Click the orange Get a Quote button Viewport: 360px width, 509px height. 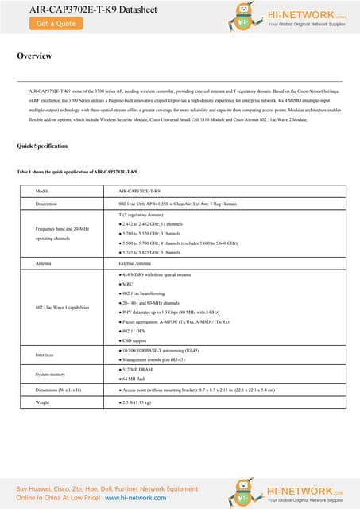(56, 24)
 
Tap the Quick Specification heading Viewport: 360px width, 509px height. (42, 146)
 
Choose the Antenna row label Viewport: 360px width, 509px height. (46, 262)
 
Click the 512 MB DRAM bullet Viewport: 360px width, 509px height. (141, 370)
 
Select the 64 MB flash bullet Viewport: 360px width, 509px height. (138, 379)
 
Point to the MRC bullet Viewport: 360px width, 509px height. (127, 284)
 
